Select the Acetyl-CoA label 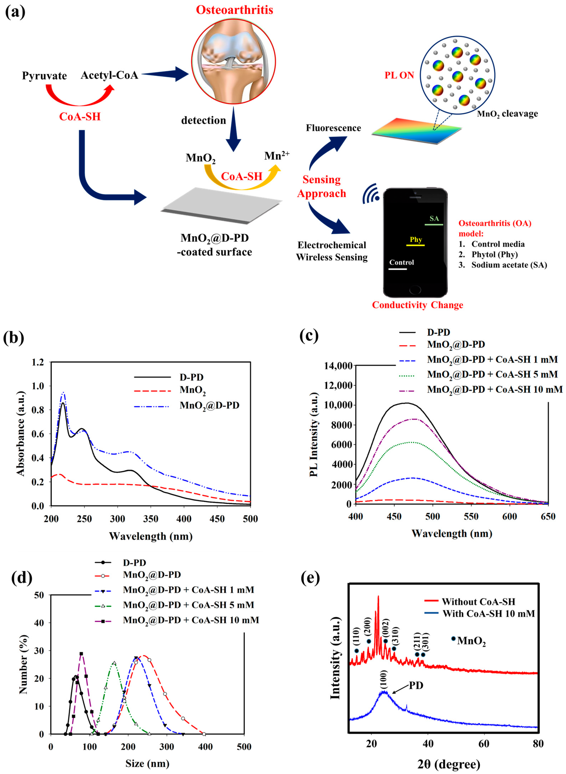coord(109,75)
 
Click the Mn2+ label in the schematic coord(276,156)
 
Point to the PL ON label coord(399,75)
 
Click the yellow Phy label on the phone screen coord(416,239)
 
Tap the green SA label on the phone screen coord(434,218)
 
